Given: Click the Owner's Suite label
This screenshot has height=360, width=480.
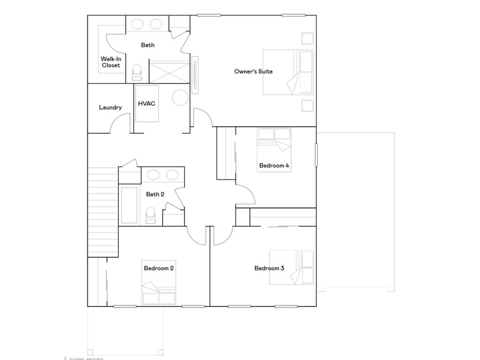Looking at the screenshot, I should tap(253, 71).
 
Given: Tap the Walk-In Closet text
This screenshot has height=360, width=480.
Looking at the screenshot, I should tap(111, 62).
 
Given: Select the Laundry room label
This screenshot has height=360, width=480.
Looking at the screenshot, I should tap(110, 107).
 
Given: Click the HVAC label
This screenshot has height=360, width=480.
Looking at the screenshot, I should tap(146, 104).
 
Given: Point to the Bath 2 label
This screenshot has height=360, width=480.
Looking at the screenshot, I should tap(155, 194).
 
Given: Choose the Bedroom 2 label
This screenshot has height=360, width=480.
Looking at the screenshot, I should tap(159, 268).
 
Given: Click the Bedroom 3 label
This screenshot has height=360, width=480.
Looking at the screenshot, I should tap(269, 268).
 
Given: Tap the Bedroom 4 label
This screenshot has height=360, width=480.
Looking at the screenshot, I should tap(274, 165).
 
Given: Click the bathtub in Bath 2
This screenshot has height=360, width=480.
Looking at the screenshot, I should tap(129, 205).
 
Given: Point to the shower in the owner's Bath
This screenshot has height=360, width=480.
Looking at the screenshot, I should tap(169, 71).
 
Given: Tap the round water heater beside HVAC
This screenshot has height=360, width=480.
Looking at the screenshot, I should tap(180, 97).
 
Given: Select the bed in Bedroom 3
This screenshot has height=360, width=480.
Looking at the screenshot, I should tap(291, 267).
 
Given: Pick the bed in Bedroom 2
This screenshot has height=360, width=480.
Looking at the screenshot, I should tap(159, 289).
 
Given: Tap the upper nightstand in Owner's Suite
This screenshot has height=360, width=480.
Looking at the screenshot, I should tap(307, 38).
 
